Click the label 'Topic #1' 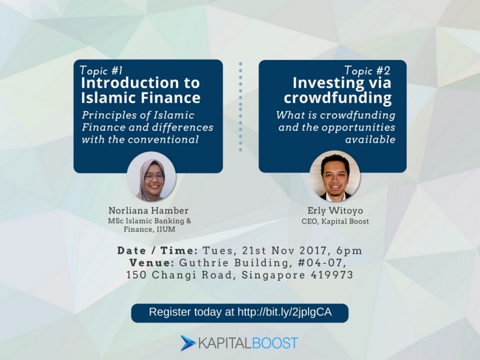[101, 70]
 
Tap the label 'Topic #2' [367, 70]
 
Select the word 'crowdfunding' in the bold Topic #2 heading [338, 98]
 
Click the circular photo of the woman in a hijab [152, 177]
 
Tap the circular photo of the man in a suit [335, 176]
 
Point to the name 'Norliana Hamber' [148, 211]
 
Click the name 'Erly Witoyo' [335, 211]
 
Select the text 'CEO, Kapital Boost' [335, 221]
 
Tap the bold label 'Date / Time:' [158, 251]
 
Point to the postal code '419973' [332, 275]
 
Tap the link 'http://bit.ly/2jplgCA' [284, 312]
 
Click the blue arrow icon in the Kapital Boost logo [188, 343]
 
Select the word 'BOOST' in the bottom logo [275, 343]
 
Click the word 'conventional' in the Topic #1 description [163, 140]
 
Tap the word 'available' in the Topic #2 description [370, 140]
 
